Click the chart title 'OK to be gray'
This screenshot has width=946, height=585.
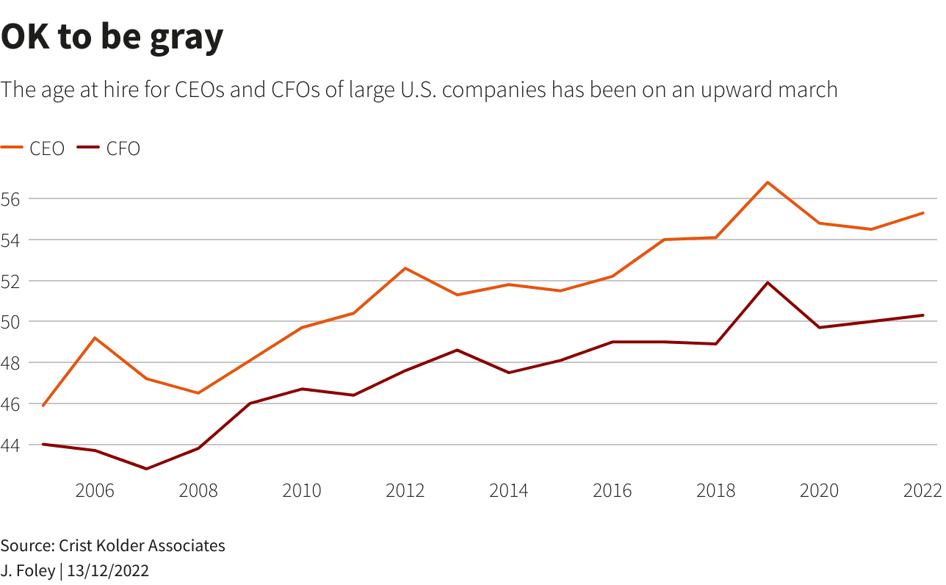pyautogui.click(x=112, y=38)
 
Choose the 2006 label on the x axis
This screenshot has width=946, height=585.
pyautogui.click(x=95, y=490)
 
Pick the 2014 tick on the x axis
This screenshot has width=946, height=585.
pyautogui.click(x=508, y=490)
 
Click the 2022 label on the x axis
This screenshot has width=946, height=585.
pyautogui.click(x=922, y=490)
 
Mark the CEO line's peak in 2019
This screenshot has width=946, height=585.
pyautogui.click(x=768, y=182)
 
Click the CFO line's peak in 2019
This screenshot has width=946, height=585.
pyautogui.click(x=768, y=282)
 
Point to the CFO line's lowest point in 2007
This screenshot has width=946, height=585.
pyautogui.click(x=147, y=469)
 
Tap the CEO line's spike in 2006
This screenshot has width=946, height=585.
pyautogui.click(x=95, y=338)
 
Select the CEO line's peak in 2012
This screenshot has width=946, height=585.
pyautogui.click(x=405, y=268)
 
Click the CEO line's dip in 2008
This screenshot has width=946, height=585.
pyautogui.click(x=198, y=393)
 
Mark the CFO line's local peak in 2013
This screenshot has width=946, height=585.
pyautogui.click(x=457, y=350)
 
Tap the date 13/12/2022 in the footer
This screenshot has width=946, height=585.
pyautogui.click(x=108, y=570)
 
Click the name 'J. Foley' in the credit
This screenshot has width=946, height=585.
pyautogui.click(x=27, y=570)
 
